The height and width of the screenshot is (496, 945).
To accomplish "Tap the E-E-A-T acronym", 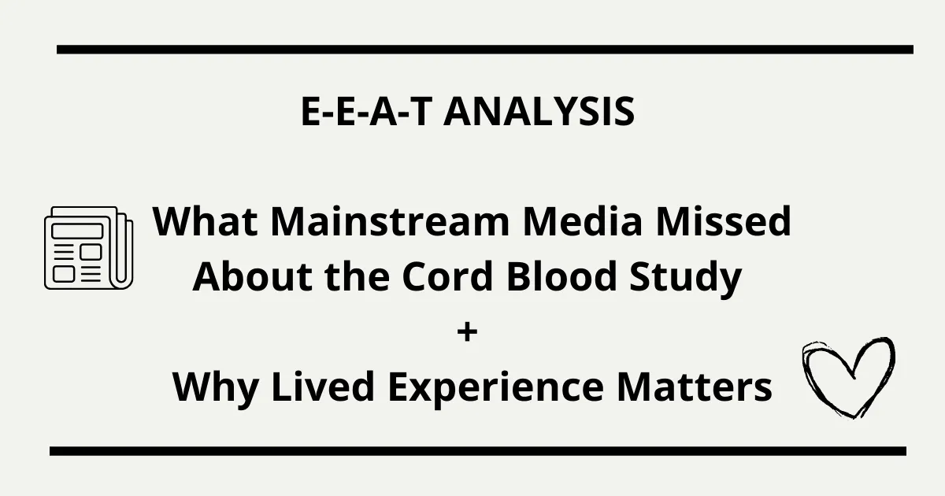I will pos(366,112).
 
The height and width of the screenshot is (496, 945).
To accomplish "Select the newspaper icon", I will pos(88,246).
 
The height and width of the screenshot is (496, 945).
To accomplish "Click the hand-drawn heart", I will pos(847,376).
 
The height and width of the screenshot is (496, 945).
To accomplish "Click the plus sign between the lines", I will pos(467,332).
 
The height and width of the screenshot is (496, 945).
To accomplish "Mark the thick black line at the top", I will pos(484,49).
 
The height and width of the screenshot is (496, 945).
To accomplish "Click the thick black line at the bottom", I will pos(477,451).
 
